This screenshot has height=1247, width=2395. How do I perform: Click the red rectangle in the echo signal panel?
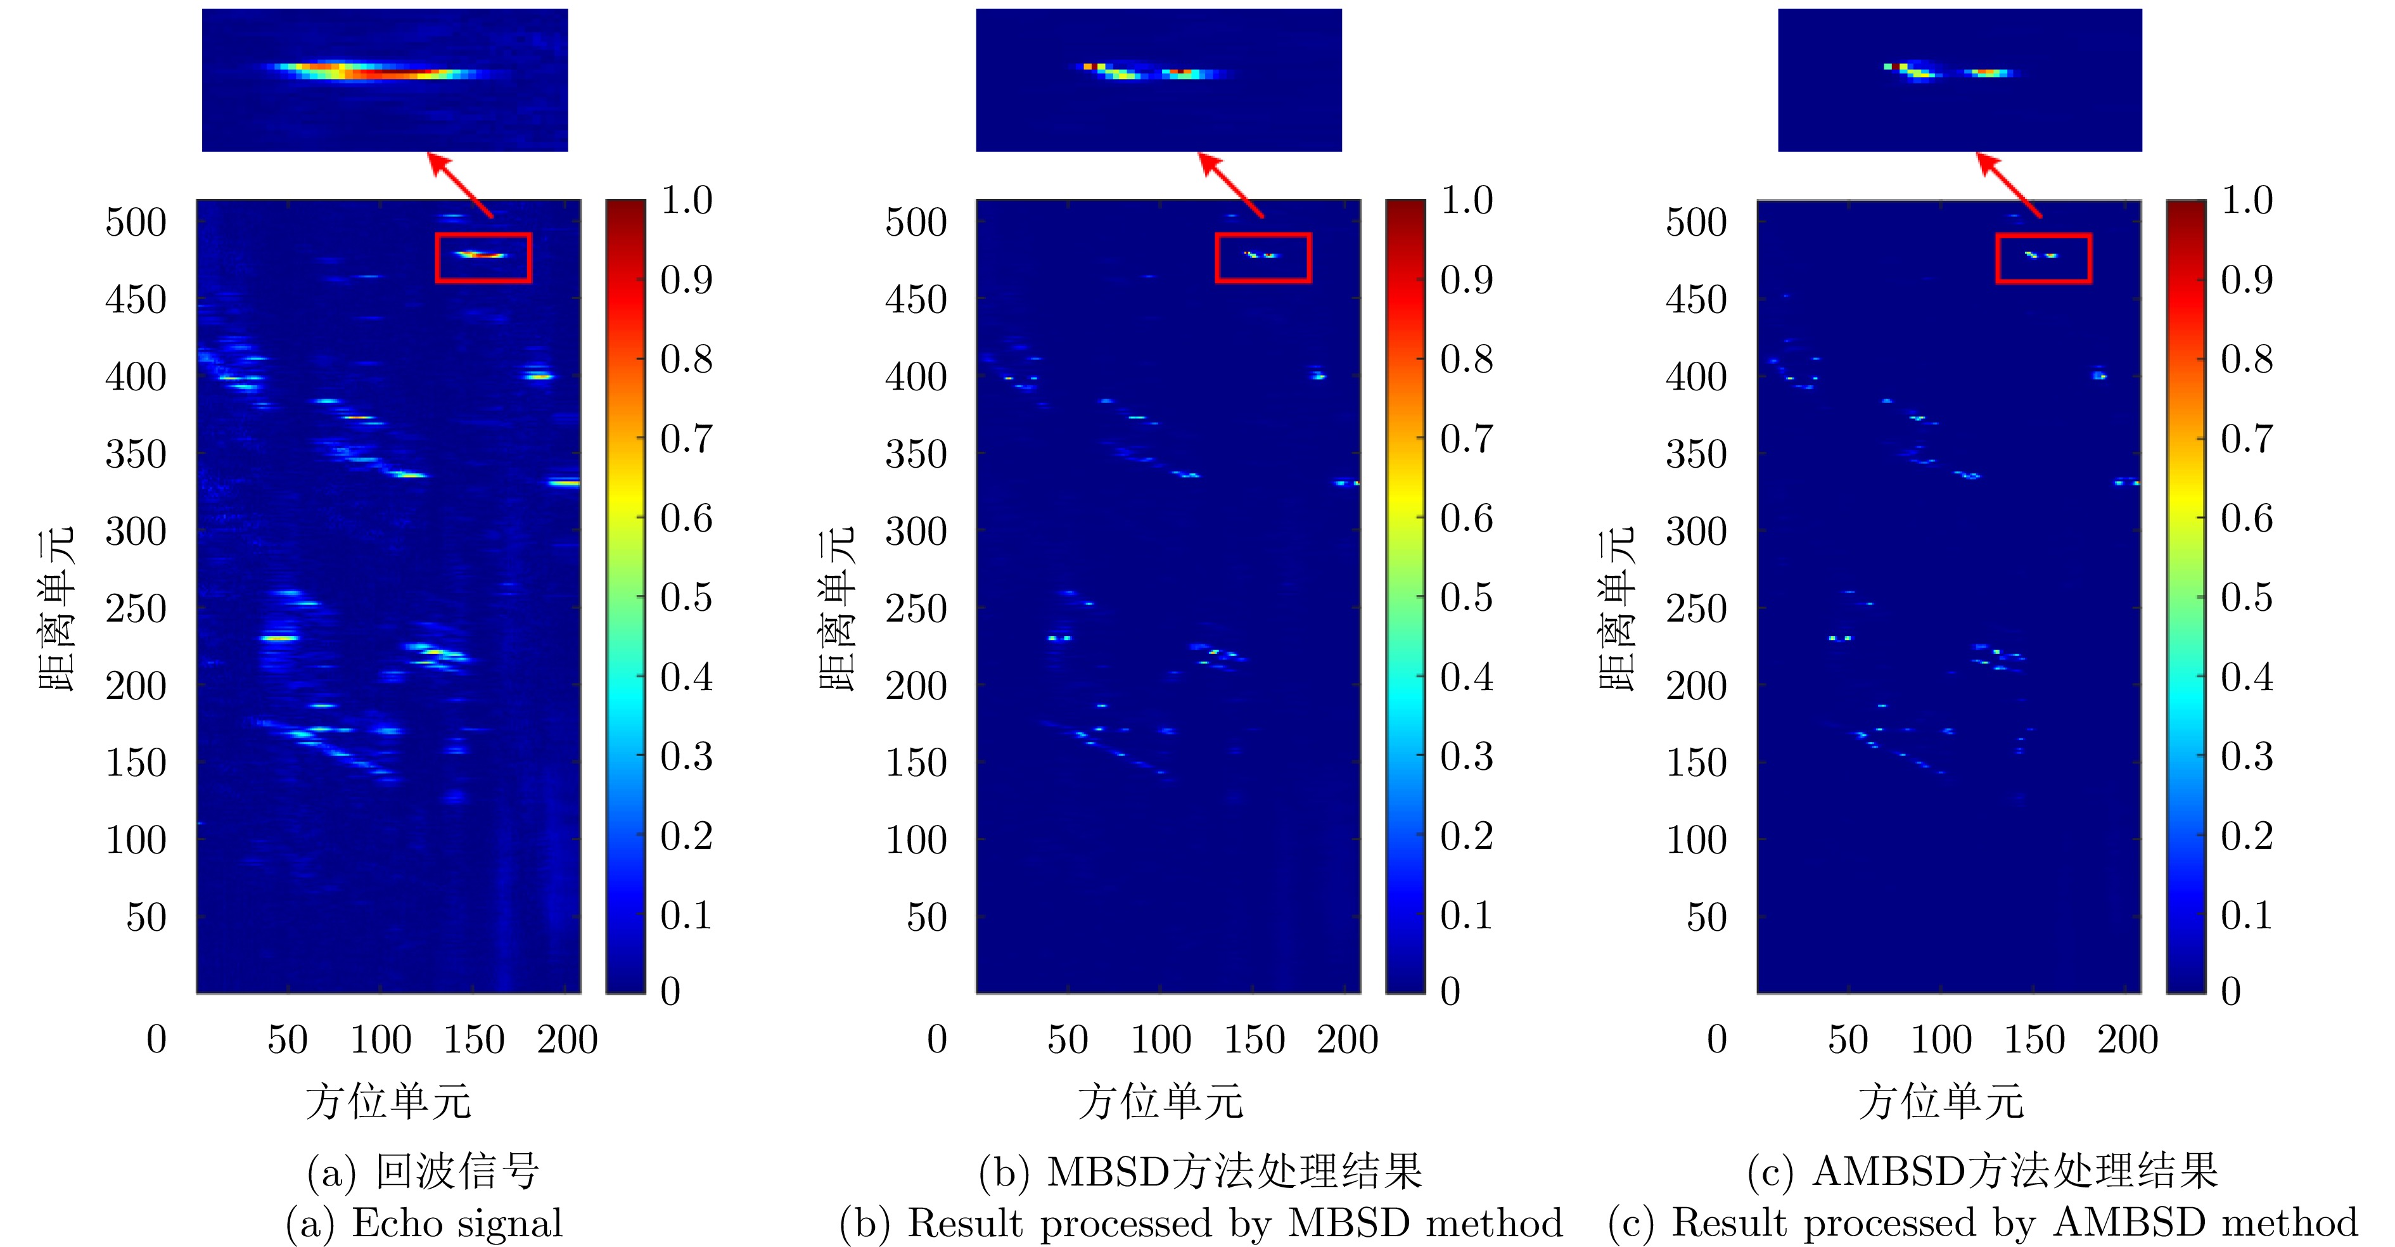click(x=483, y=234)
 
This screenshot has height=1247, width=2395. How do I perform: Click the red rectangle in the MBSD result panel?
click(x=1263, y=234)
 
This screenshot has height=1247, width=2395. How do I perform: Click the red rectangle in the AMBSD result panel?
click(x=2043, y=234)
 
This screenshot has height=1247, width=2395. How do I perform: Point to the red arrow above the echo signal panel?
click(x=459, y=184)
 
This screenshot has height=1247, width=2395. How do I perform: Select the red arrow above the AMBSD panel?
click(x=2009, y=184)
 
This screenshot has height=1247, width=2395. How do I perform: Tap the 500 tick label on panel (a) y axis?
click(x=136, y=222)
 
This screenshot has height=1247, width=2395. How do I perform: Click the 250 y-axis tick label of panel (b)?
click(x=916, y=609)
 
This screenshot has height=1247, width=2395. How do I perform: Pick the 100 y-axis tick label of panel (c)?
click(x=1696, y=841)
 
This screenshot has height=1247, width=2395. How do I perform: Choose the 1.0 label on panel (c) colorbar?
click(x=2246, y=200)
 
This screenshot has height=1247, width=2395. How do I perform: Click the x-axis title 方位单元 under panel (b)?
click(x=1160, y=1102)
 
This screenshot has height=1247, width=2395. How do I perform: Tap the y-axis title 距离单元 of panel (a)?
click(x=56, y=609)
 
